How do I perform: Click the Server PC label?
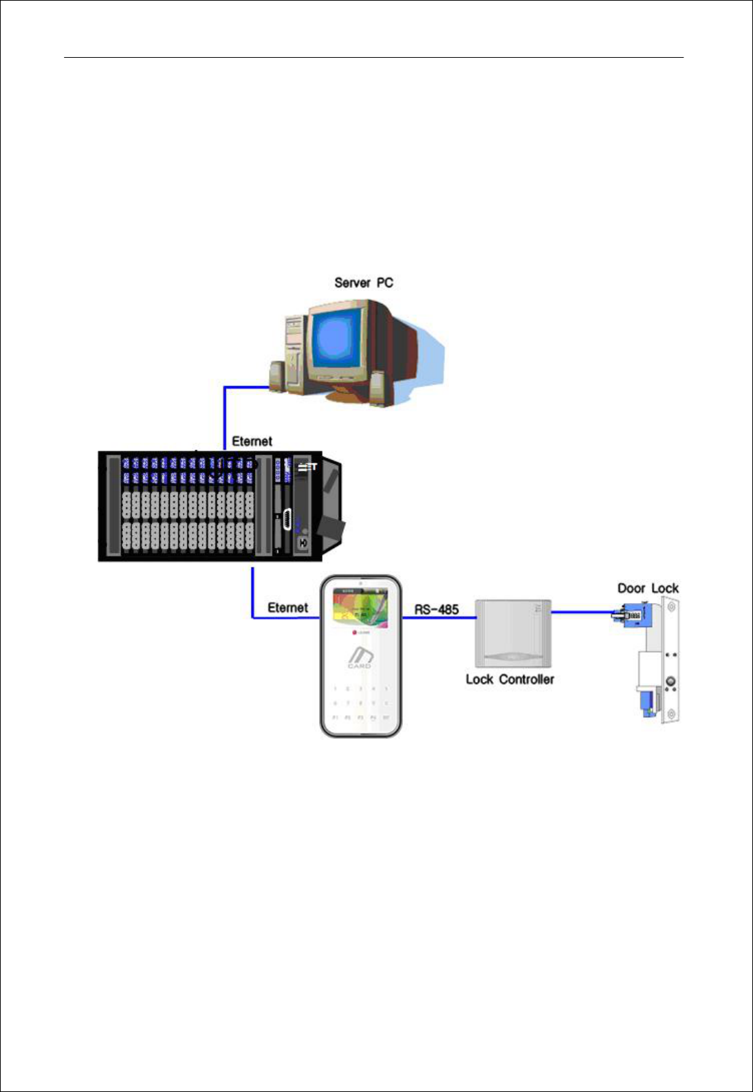pyautogui.click(x=363, y=283)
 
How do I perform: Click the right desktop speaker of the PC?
pyautogui.click(x=377, y=389)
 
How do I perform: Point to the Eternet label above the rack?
pyautogui.click(x=252, y=441)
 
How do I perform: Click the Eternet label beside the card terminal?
pyautogui.click(x=287, y=608)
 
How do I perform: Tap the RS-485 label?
pyautogui.click(x=436, y=609)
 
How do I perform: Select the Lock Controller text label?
pyautogui.click(x=510, y=679)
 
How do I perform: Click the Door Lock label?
pyautogui.click(x=648, y=589)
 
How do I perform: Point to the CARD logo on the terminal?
pyautogui.click(x=360, y=657)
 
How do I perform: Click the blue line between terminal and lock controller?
pyautogui.click(x=439, y=618)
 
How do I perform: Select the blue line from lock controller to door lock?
pyautogui.click(x=581, y=612)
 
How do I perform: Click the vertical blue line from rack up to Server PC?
pyautogui.click(x=225, y=419)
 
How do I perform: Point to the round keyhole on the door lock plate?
pyautogui.click(x=670, y=683)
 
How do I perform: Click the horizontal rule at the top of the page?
pyautogui.click(x=373, y=58)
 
